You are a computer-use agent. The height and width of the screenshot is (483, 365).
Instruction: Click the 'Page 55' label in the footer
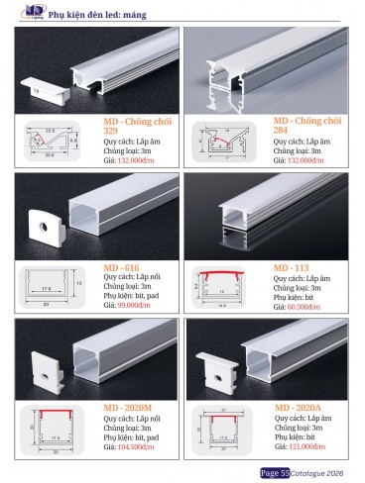pos(274,472)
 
